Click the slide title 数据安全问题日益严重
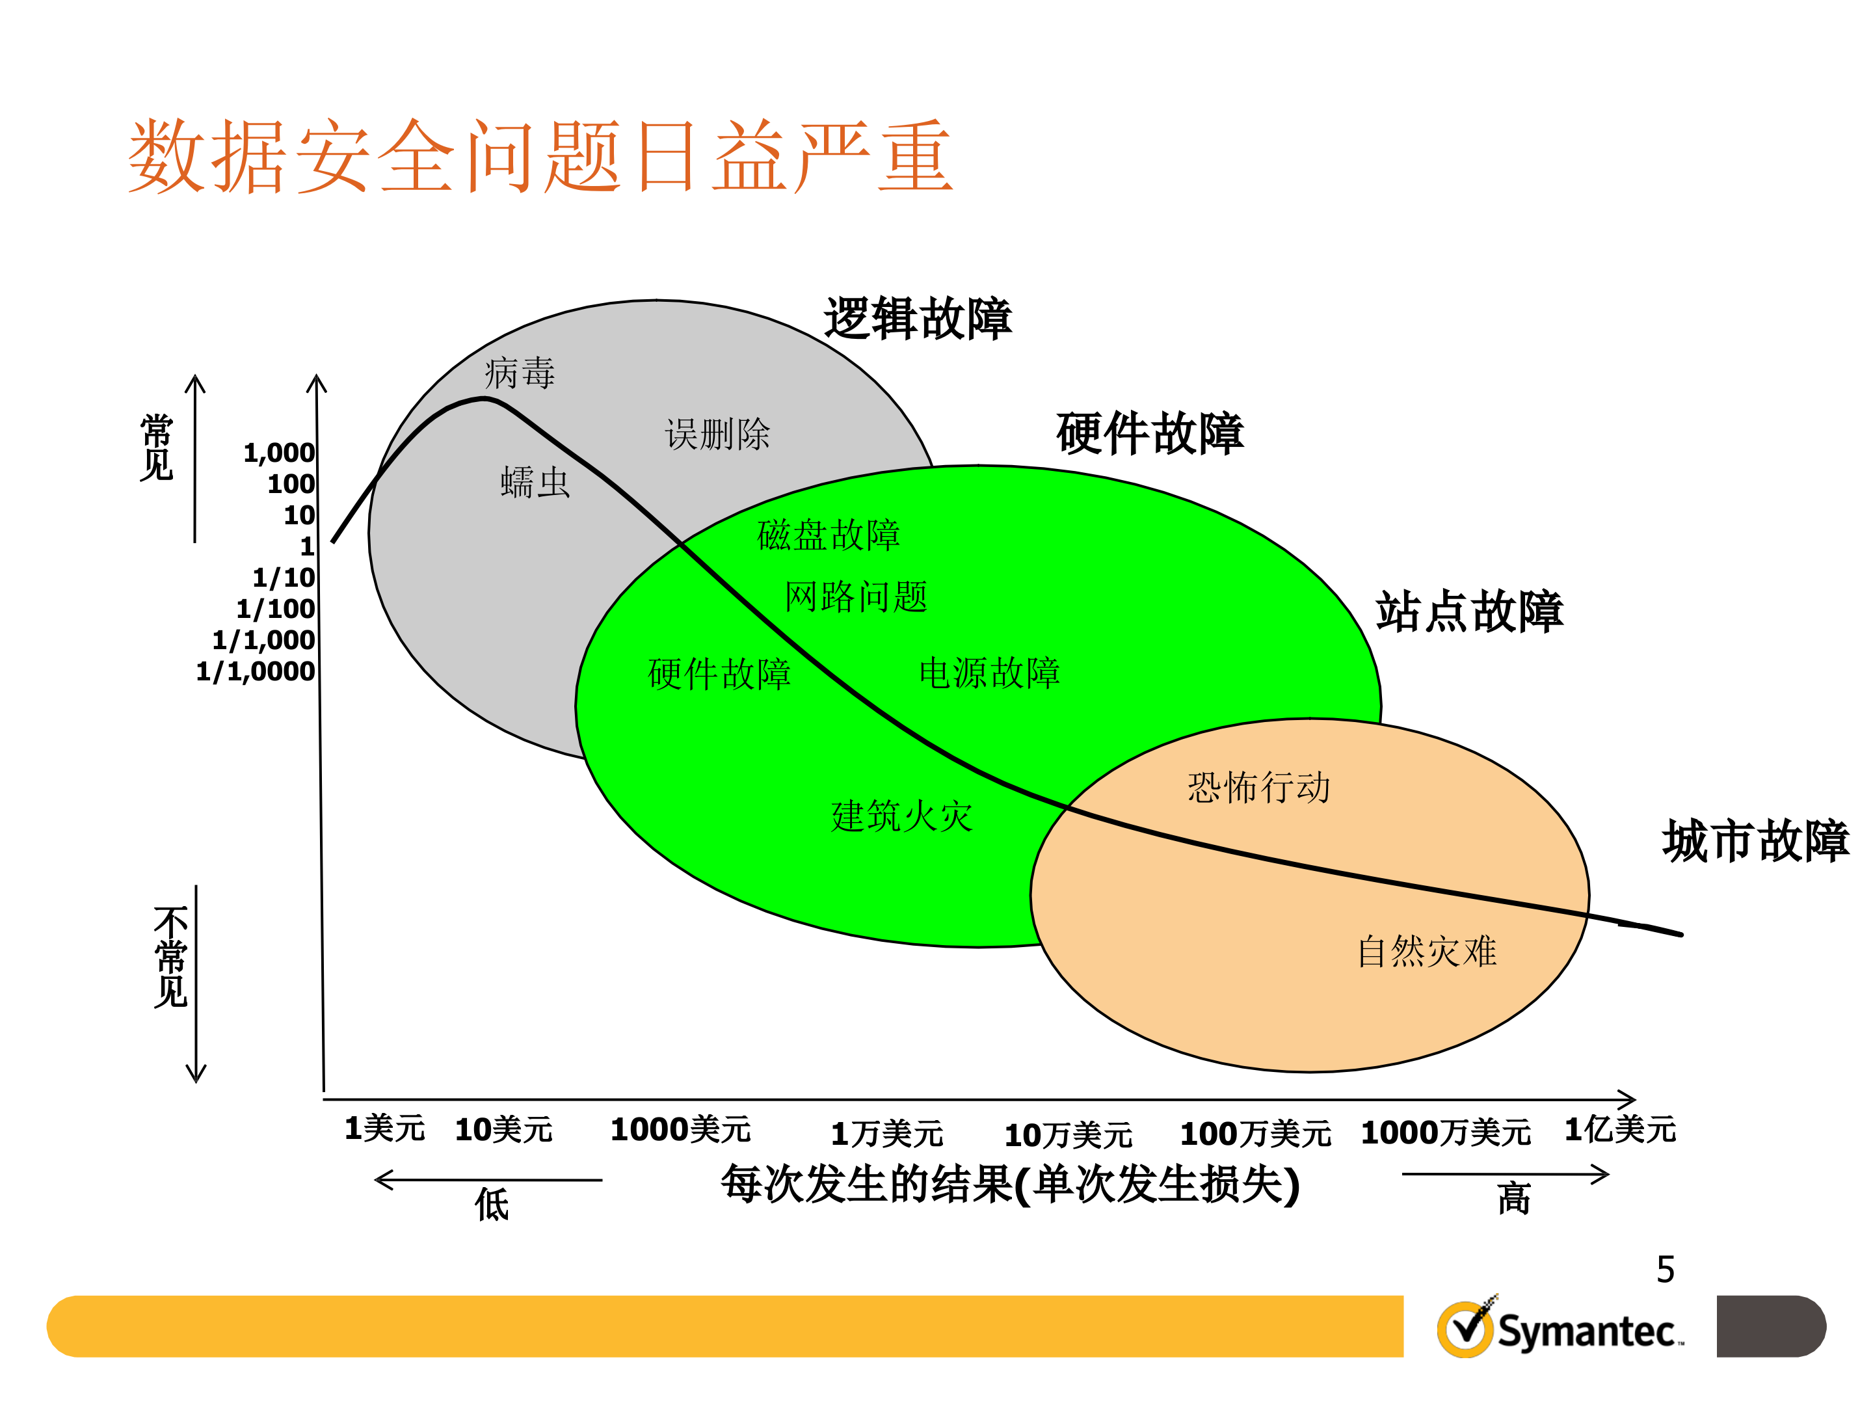coord(540,157)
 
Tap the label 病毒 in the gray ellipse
coord(519,373)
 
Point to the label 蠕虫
coord(535,482)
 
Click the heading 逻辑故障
coord(917,319)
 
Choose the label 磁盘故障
coord(827,535)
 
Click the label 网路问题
coord(855,597)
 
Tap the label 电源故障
coord(989,673)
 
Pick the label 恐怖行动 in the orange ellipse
coord(1258,788)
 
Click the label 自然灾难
coord(1427,951)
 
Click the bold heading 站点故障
coord(1469,611)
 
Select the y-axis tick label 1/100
coord(275,609)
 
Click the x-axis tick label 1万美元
coord(886,1133)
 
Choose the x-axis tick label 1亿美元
coord(1619,1129)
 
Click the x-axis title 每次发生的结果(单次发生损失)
coord(1009,1184)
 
